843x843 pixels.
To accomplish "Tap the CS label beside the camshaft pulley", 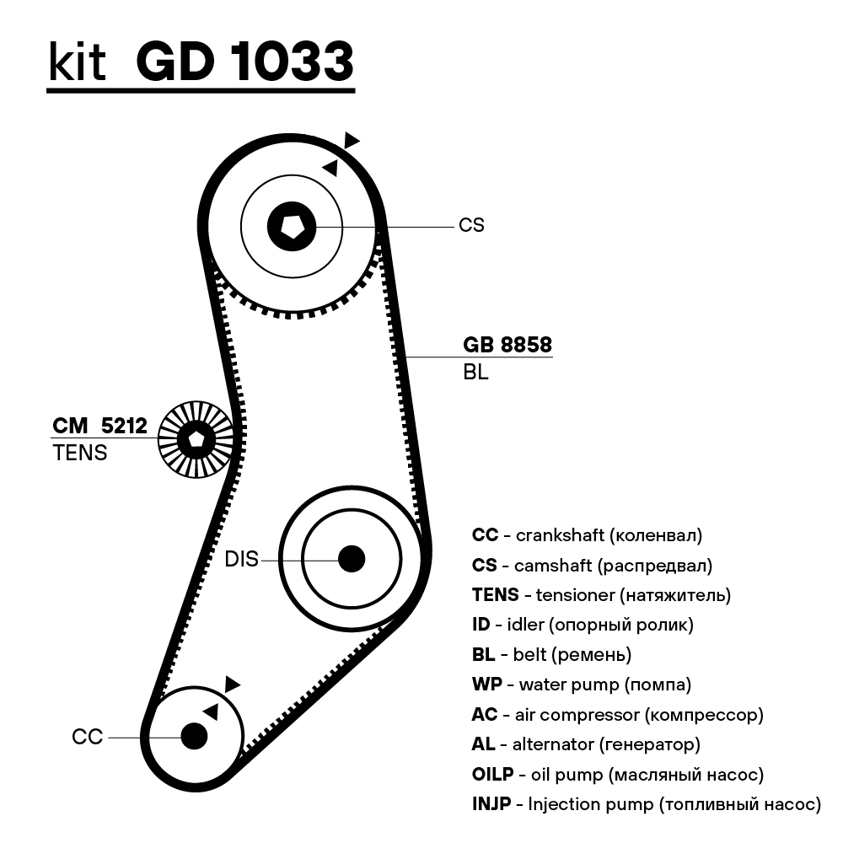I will coord(471,226).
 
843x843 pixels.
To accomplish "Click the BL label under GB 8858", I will coord(475,372).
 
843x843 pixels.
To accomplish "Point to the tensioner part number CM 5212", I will coord(99,427).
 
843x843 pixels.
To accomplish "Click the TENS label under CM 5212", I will coord(80,453).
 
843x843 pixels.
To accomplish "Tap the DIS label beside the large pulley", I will coord(241,559).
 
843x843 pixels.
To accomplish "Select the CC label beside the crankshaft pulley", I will coord(87,737).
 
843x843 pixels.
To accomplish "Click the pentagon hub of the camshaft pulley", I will coord(292,225).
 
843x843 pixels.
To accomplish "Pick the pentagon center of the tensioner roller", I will coord(196,438).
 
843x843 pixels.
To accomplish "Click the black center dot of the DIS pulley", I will coord(351,558).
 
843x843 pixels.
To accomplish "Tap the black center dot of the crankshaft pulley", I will coord(194,736).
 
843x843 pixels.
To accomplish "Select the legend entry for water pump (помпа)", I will coord(582,684).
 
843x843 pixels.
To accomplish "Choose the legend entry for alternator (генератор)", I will coord(586,744).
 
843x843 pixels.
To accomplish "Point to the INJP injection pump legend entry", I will coord(646,804).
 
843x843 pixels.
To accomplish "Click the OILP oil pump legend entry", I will coord(618,774).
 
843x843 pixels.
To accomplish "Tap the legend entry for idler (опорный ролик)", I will coord(583,625).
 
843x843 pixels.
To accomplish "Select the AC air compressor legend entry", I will coord(617,714).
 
